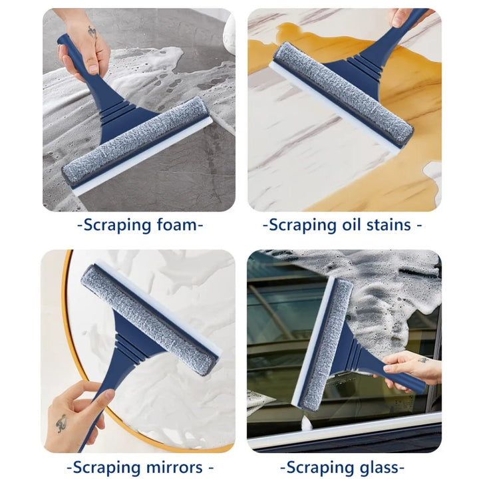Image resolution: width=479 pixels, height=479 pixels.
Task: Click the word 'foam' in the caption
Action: coord(177,225)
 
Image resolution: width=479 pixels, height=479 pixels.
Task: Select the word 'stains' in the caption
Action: coord(389,225)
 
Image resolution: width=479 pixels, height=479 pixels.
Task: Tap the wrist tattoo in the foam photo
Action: coord(91,31)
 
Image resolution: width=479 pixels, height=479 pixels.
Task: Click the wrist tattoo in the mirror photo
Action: coord(61,423)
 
